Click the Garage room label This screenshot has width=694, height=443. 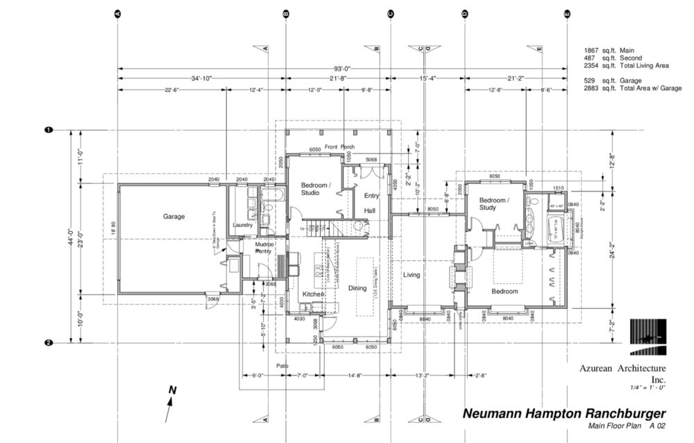(173, 217)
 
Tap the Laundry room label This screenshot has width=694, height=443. (243, 225)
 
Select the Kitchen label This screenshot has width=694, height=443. (314, 295)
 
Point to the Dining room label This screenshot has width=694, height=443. (357, 289)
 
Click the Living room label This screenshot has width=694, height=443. (412, 276)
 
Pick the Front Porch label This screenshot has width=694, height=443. (339, 147)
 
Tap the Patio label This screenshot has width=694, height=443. (282, 366)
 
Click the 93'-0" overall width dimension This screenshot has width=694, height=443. (343, 68)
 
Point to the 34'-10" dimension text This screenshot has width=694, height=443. (202, 78)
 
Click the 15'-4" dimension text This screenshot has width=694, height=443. (428, 78)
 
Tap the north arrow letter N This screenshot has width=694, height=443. (173, 390)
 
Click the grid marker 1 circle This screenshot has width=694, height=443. (49, 130)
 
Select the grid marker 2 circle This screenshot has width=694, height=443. (49, 342)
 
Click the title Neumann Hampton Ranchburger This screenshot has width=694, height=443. (555, 414)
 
